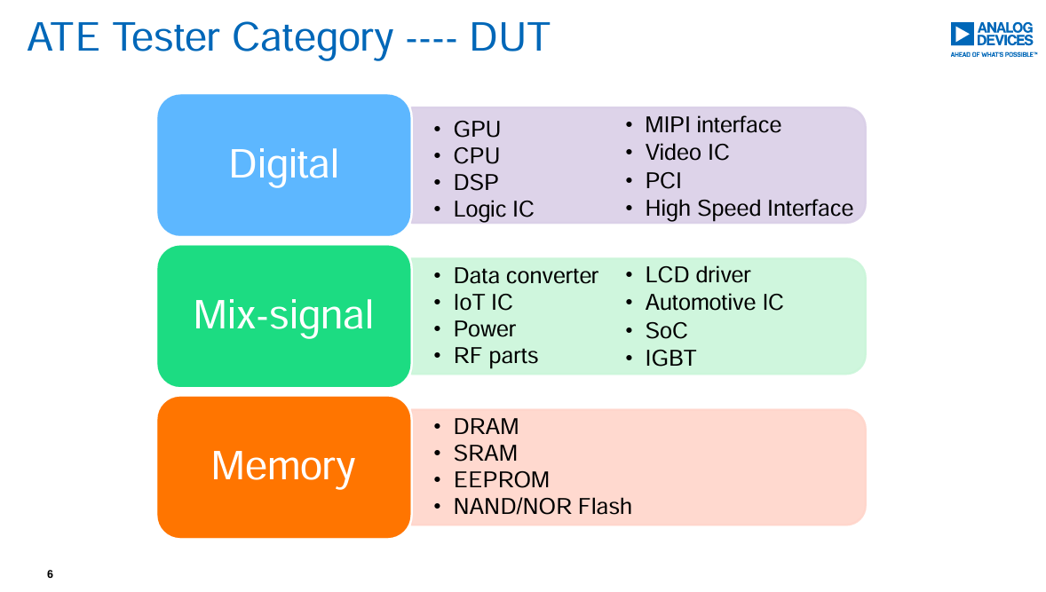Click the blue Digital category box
(x=283, y=165)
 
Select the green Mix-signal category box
(x=283, y=316)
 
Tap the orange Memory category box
(x=283, y=467)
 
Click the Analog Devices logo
(x=994, y=39)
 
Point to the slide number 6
(x=50, y=574)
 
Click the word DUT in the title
(x=510, y=37)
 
